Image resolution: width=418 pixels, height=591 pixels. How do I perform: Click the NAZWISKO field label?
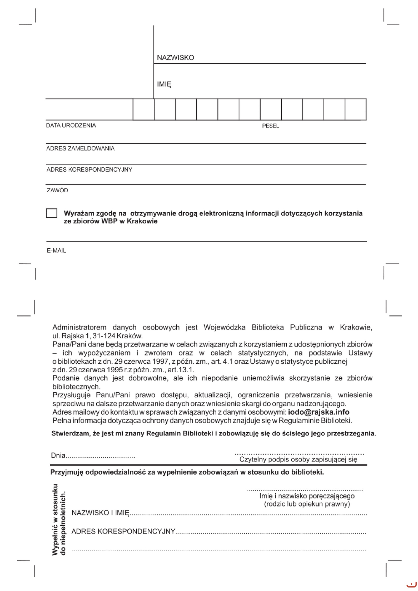pyautogui.click(x=175, y=58)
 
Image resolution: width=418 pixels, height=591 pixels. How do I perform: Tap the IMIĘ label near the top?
pyautogui.click(x=164, y=84)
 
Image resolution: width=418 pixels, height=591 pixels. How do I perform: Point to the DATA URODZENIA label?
pyautogui.click(x=71, y=125)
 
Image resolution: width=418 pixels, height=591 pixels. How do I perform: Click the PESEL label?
pyautogui.click(x=270, y=126)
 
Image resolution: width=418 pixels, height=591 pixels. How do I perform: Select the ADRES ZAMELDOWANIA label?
pyautogui.click(x=80, y=148)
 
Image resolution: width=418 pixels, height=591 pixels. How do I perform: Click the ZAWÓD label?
pyautogui.click(x=57, y=190)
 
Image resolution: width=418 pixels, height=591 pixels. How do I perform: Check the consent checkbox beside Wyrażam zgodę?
pyautogui.click(x=52, y=213)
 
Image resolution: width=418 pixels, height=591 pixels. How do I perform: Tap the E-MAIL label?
pyautogui.click(x=56, y=251)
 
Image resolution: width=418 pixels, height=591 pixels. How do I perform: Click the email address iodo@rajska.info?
pyautogui.click(x=319, y=412)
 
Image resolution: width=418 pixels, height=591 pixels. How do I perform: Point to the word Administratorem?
pyautogui.click(x=79, y=327)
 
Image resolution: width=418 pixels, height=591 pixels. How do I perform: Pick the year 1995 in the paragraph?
pyautogui.click(x=115, y=370)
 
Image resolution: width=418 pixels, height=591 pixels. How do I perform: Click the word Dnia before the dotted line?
pyautogui.click(x=58, y=455)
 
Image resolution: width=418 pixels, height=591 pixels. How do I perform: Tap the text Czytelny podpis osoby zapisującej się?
pyautogui.click(x=298, y=459)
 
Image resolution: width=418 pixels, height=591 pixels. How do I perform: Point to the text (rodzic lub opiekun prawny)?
pyautogui.click(x=307, y=504)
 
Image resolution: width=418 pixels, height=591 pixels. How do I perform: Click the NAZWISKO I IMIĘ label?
pyautogui.click(x=100, y=513)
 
